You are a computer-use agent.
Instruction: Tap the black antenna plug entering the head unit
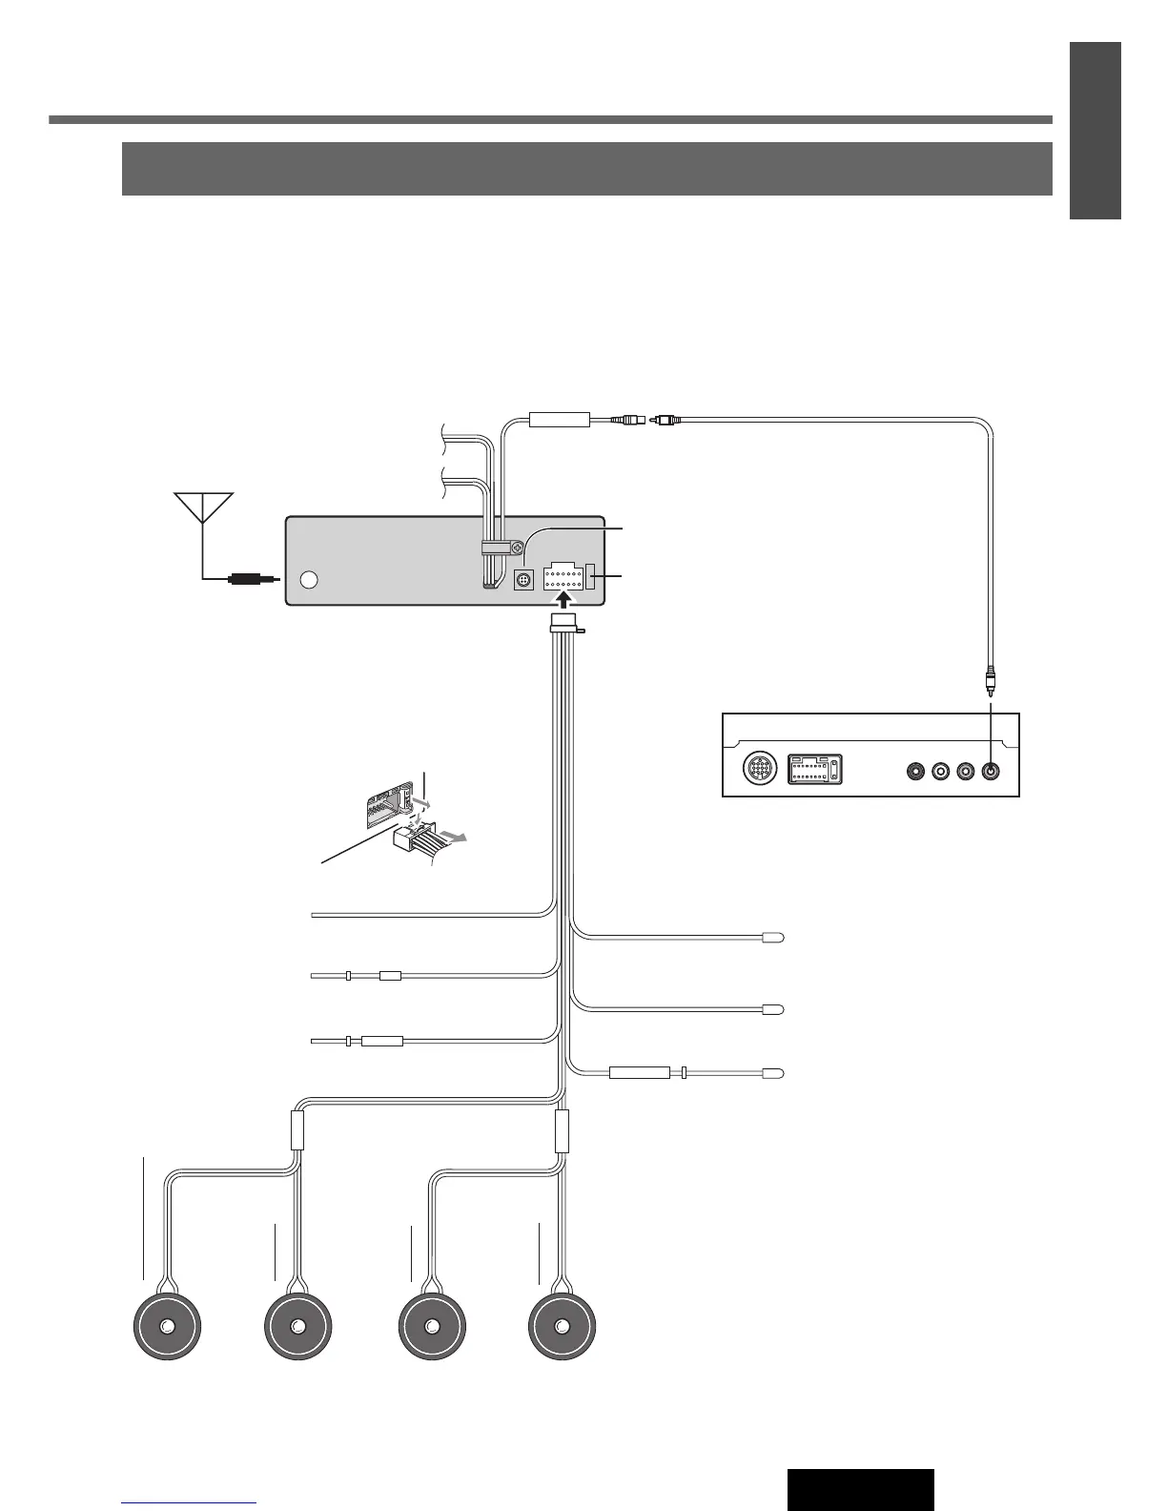247,578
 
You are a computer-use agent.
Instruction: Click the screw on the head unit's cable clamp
515,549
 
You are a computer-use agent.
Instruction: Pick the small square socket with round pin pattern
522,579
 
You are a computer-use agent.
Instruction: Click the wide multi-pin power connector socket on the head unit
563,577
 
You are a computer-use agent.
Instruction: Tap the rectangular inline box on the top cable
560,419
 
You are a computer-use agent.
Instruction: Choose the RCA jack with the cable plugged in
991,770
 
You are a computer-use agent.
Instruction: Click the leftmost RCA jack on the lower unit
916,770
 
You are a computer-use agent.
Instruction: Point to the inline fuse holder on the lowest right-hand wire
640,1073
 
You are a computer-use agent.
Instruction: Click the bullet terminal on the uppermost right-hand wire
773,938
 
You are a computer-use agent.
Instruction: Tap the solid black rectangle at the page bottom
860,1489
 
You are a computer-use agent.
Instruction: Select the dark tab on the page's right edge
1095,131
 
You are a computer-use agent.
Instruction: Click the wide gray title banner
586,169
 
